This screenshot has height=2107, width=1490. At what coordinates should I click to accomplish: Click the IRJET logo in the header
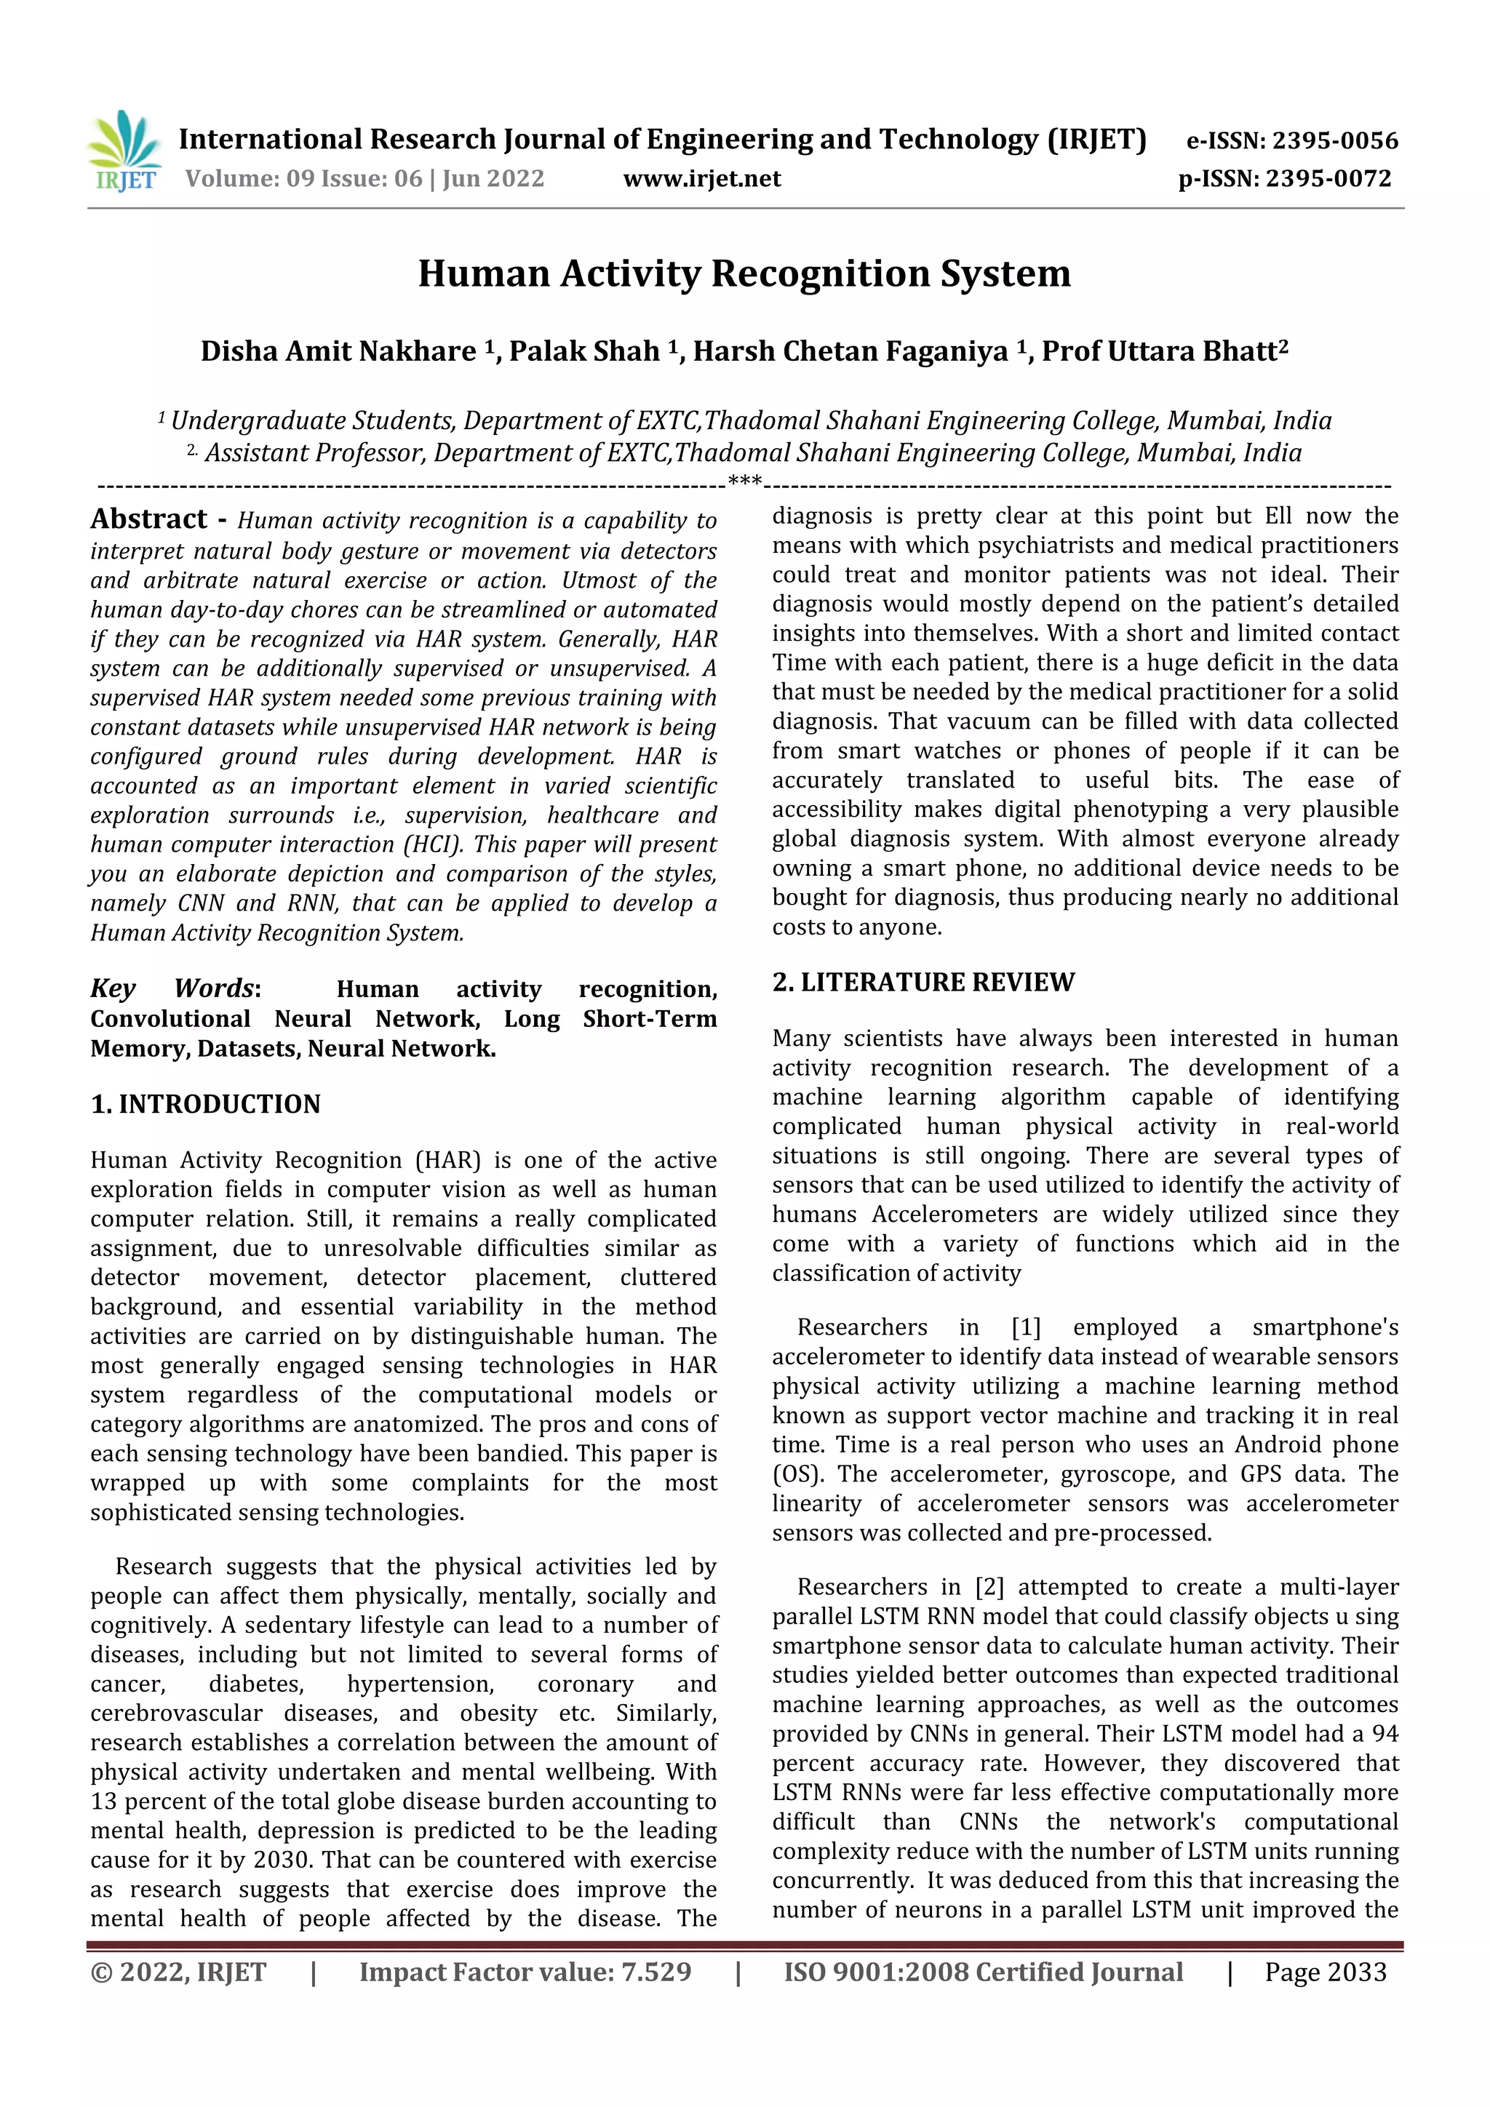pyautogui.click(x=126, y=151)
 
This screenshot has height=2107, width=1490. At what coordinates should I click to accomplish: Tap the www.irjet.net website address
pyautogui.click(x=701, y=179)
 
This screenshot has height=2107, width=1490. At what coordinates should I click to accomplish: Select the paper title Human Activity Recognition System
pyautogui.click(x=744, y=273)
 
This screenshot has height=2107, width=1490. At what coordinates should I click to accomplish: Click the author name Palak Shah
pyautogui.click(x=584, y=351)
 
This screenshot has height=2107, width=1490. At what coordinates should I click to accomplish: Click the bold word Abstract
pyautogui.click(x=148, y=519)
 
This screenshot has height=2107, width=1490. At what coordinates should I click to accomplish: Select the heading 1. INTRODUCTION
pyautogui.click(x=206, y=1104)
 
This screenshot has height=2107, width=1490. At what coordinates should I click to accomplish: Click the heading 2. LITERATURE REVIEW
pyautogui.click(x=923, y=982)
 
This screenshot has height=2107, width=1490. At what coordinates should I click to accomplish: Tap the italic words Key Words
pyautogui.click(x=172, y=988)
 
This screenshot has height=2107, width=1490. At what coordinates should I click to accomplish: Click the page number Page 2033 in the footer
pyautogui.click(x=1325, y=1972)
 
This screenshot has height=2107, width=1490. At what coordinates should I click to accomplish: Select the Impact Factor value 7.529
pyautogui.click(x=656, y=1972)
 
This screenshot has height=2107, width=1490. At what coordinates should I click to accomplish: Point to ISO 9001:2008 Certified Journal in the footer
pyautogui.click(x=982, y=1972)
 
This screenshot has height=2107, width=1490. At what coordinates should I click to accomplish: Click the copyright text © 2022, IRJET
pyautogui.click(x=178, y=1972)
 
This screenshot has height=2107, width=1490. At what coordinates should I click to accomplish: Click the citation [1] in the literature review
pyautogui.click(x=1025, y=1327)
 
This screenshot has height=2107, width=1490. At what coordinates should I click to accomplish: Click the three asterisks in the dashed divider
pyautogui.click(x=744, y=481)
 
